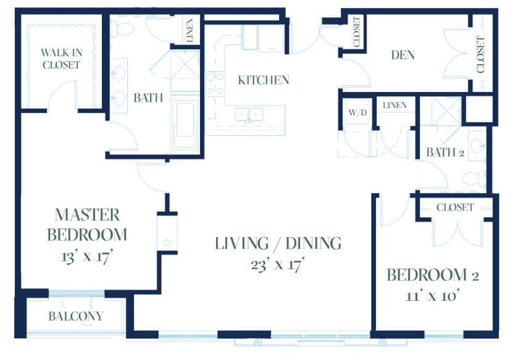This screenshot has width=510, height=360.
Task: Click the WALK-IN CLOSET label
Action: (61, 59)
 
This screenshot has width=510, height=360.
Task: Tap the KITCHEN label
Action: (264, 80)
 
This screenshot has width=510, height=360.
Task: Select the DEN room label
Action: (403, 55)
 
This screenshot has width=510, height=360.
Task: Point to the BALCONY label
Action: (76, 316)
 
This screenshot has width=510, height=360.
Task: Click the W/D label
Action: (357, 112)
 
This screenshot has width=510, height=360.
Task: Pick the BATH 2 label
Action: (445, 152)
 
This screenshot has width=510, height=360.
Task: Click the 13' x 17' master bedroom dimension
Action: (86, 257)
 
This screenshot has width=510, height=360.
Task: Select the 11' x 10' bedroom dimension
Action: (432, 296)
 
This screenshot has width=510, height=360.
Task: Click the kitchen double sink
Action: (249, 114)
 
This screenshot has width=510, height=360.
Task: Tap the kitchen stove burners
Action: (215, 84)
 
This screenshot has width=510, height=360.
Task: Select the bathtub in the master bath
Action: (185, 124)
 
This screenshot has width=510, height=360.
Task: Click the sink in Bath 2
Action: (477, 146)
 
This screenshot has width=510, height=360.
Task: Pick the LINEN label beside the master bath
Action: (190, 30)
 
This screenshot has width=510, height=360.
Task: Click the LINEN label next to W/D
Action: (395, 105)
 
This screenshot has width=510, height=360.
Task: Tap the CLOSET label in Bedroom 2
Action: (455, 207)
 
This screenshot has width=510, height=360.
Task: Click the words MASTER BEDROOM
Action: (87, 225)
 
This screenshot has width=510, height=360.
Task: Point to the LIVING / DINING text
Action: (278, 243)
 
